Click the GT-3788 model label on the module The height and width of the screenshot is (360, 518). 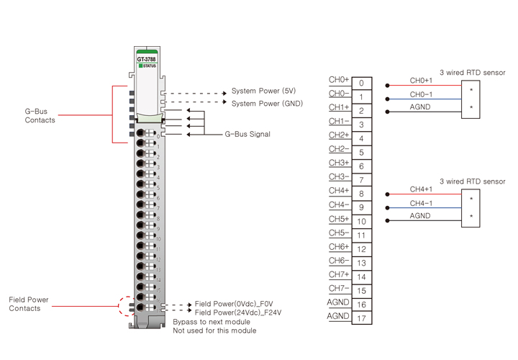147,59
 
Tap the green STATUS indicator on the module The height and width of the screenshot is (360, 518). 147,66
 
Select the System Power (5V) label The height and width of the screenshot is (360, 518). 263,91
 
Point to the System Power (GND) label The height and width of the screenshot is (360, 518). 267,104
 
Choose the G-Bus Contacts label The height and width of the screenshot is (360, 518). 40,116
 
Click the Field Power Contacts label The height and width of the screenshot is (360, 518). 25,304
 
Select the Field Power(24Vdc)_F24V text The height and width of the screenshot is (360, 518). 238,312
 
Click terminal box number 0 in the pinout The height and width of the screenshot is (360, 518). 362,84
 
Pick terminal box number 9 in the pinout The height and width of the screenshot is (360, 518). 362,208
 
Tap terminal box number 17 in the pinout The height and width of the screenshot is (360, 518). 362,318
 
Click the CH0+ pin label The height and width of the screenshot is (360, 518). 339,80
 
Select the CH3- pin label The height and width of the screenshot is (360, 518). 339,177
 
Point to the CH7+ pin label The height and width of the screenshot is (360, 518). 339,274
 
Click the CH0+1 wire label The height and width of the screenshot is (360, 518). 421,81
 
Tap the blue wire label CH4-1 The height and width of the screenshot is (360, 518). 421,203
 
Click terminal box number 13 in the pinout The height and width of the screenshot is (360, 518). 362,264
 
